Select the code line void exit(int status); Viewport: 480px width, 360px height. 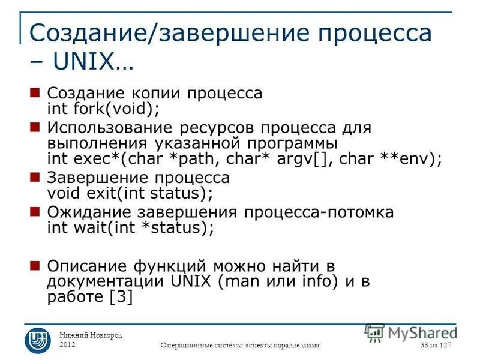coord(130,193)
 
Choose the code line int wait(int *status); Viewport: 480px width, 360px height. coord(130,227)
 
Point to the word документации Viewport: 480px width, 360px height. coord(101,281)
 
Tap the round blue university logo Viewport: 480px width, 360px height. coord(37,340)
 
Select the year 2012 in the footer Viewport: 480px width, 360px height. coord(68,344)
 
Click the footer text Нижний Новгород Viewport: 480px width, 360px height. coord(91,335)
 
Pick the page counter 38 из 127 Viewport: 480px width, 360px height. coord(435,345)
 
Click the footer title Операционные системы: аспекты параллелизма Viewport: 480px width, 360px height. coord(241,345)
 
